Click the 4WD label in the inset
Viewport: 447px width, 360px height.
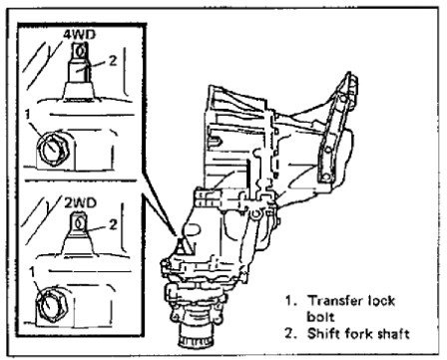coord(79,36)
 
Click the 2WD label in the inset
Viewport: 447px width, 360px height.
coord(80,203)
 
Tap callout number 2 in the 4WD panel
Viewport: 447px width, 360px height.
coord(113,61)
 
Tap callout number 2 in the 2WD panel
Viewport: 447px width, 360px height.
coord(113,224)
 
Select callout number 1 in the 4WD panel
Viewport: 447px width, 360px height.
coord(28,115)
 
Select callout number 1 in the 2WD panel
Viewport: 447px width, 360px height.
coord(32,272)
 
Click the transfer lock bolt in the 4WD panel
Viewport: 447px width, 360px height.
coord(53,149)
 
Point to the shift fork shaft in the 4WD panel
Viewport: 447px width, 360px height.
coord(79,71)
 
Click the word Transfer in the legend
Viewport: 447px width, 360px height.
coord(333,301)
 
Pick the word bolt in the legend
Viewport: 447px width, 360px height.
coord(320,317)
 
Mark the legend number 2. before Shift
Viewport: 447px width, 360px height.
coord(290,333)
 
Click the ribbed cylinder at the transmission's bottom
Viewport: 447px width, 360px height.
coord(195,335)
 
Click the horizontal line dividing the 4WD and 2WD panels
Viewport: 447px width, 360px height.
coord(81,180)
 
